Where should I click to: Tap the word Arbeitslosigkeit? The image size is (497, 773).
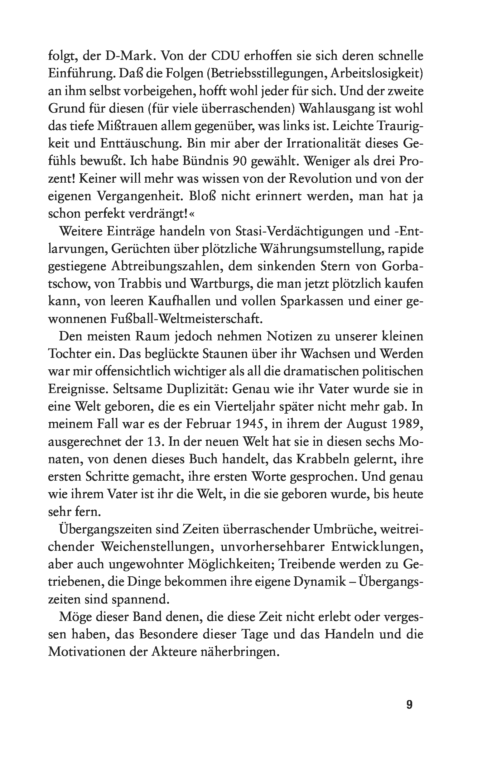[x=375, y=74]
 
